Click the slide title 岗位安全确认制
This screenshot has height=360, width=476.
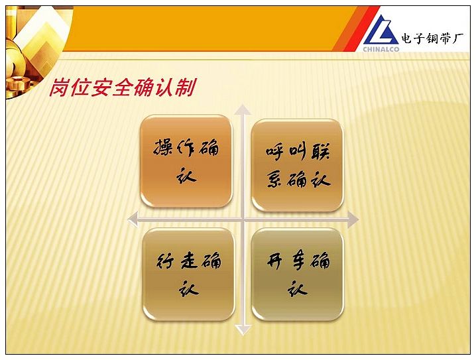(x=123, y=88)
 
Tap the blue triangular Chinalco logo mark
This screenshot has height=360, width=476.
(x=381, y=30)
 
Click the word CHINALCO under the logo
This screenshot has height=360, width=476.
(x=381, y=49)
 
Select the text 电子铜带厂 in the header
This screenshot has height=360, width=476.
(x=432, y=38)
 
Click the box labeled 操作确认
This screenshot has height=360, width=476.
(x=186, y=161)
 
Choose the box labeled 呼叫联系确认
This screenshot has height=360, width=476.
(x=298, y=165)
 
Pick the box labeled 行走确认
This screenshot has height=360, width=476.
(x=188, y=274)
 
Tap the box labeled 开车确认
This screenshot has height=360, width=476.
(x=298, y=274)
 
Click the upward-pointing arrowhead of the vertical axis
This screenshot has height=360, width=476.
(x=243, y=109)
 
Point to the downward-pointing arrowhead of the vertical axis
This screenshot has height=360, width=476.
(x=243, y=330)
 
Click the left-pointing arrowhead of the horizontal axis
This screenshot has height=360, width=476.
(x=133, y=219)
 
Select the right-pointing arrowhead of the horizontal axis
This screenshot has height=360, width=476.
(x=353, y=219)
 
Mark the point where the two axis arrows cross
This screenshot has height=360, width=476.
(x=243, y=219)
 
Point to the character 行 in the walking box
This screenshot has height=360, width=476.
(x=166, y=261)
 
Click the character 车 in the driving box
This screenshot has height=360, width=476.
(x=298, y=261)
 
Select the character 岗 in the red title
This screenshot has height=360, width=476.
(x=59, y=88)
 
